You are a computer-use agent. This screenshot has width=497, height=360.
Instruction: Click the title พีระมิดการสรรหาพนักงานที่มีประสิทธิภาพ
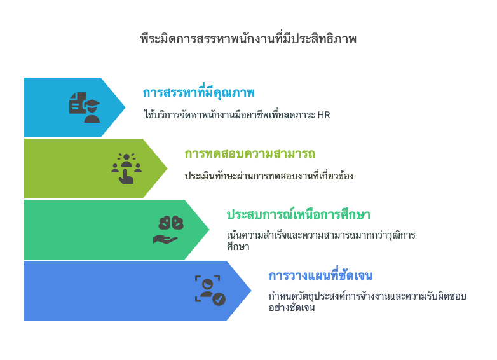[248, 39]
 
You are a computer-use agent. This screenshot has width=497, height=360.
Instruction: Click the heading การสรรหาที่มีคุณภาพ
[199, 93]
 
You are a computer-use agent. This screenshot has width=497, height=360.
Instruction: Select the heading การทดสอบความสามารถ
[250, 154]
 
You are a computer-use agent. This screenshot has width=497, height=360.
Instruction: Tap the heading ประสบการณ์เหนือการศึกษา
[298, 214]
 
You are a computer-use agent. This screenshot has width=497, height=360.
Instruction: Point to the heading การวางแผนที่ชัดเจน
[320, 275]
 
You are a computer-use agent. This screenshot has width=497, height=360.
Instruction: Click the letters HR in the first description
[323, 115]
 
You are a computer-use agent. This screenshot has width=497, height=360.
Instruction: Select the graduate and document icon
[85, 107]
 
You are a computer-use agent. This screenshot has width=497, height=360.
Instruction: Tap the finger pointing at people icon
[126, 169]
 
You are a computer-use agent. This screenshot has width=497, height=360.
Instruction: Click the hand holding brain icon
[168, 230]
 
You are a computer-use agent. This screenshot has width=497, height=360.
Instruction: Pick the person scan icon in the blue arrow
[210, 290]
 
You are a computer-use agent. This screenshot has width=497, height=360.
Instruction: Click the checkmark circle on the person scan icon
[219, 299]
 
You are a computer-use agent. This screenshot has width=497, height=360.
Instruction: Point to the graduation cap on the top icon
[92, 104]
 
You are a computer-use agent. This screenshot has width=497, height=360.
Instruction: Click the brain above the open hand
[171, 223]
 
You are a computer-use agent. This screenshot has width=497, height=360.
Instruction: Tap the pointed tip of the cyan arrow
[125, 107]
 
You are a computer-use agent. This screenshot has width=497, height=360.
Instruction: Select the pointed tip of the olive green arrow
[167, 169]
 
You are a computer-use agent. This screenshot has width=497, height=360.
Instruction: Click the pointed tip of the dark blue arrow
[250, 290]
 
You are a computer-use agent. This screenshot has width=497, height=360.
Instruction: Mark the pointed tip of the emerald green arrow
[208, 230]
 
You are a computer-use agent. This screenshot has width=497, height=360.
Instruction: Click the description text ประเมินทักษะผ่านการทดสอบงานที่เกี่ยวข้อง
[269, 176]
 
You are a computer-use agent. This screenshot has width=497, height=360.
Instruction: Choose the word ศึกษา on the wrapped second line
[238, 246]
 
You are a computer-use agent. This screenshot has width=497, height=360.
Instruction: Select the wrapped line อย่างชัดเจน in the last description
[292, 308]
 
